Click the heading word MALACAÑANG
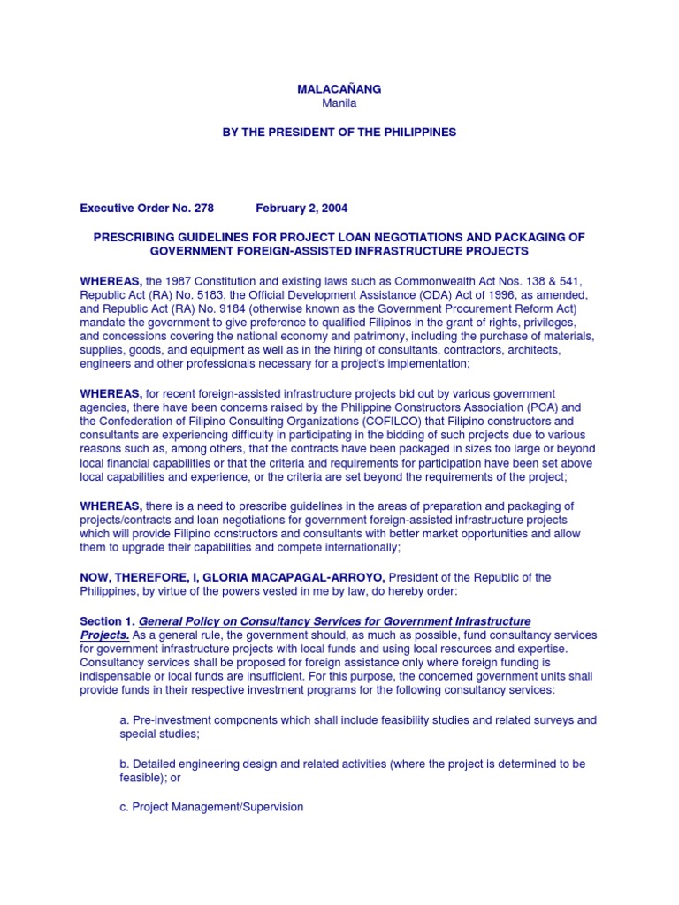coord(339,89)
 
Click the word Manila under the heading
coord(339,103)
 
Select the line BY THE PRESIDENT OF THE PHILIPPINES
coord(339,132)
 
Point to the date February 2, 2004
coord(301,209)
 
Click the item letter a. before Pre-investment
coord(125,720)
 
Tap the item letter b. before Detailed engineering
coord(125,763)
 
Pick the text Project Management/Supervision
coord(218,807)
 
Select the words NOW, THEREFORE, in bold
coord(123,577)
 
